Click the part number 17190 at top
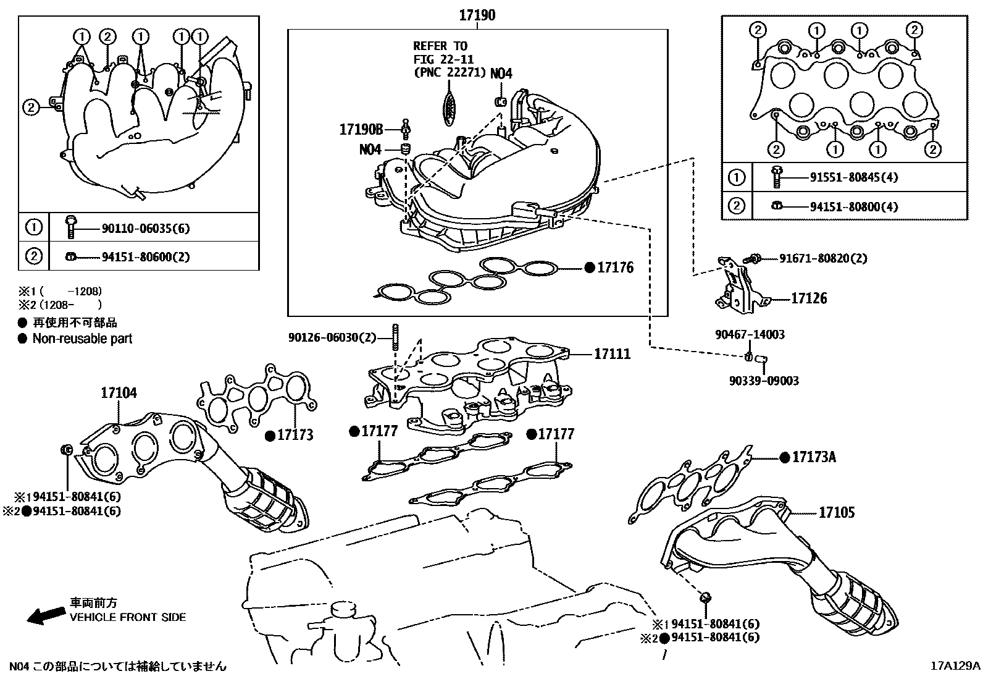pyautogui.click(x=477, y=15)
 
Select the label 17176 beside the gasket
pyautogui.click(x=615, y=268)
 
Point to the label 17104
pyautogui.click(x=119, y=393)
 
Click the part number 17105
pyautogui.click(x=837, y=512)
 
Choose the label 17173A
pyautogui.click(x=814, y=457)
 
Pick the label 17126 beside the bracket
pyautogui.click(x=809, y=298)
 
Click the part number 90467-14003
pyautogui.click(x=750, y=334)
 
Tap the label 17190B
pyautogui.click(x=361, y=129)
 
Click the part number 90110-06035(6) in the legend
pyautogui.click(x=146, y=229)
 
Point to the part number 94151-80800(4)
pyautogui.click(x=854, y=206)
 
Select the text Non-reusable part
pyautogui.click(x=82, y=339)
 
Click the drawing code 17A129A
pyautogui.click(x=955, y=666)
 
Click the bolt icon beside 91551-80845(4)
pyautogui.click(x=776, y=177)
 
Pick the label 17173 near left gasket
pyautogui.click(x=295, y=435)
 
